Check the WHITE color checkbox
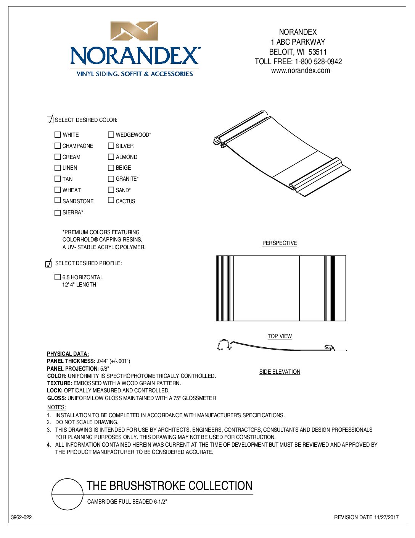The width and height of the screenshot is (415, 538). pyautogui.click(x=58, y=134)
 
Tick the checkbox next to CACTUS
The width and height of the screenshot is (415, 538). pyautogui.click(x=111, y=200)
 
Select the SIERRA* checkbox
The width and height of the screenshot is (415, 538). pyautogui.click(x=58, y=213)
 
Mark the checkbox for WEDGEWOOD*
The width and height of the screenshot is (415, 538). pyautogui.click(x=111, y=134)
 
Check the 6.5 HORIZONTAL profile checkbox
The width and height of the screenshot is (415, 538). pyautogui.click(x=58, y=277)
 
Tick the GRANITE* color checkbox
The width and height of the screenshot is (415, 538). pyautogui.click(x=111, y=178)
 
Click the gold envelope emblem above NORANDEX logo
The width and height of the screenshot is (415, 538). pyautogui.click(x=134, y=31)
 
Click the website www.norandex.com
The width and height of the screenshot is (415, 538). pyautogui.click(x=301, y=71)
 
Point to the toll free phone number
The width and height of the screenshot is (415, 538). pyautogui.click(x=318, y=62)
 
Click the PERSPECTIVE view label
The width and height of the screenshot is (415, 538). pyautogui.click(x=280, y=243)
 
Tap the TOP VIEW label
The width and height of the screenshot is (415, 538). pyautogui.click(x=280, y=336)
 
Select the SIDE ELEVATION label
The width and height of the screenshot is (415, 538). pyautogui.click(x=280, y=372)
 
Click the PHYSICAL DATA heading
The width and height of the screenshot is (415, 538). pyautogui.click(x=68, y=354)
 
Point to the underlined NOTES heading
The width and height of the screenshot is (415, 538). pyautogui.click(x=56, y=407)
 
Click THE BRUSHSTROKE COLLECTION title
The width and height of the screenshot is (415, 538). pyautogui.click(x=169, y=486)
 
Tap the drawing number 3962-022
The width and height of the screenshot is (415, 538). pyautogui.click(x=21, y=517)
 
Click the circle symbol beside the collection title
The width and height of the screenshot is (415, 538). pyautogui.click(x=68, y=494)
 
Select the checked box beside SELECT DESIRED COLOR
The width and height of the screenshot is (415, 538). pyautogui.click(x=50, y=120)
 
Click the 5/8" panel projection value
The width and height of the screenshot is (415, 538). pyautogui.click(x=105, y=369)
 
